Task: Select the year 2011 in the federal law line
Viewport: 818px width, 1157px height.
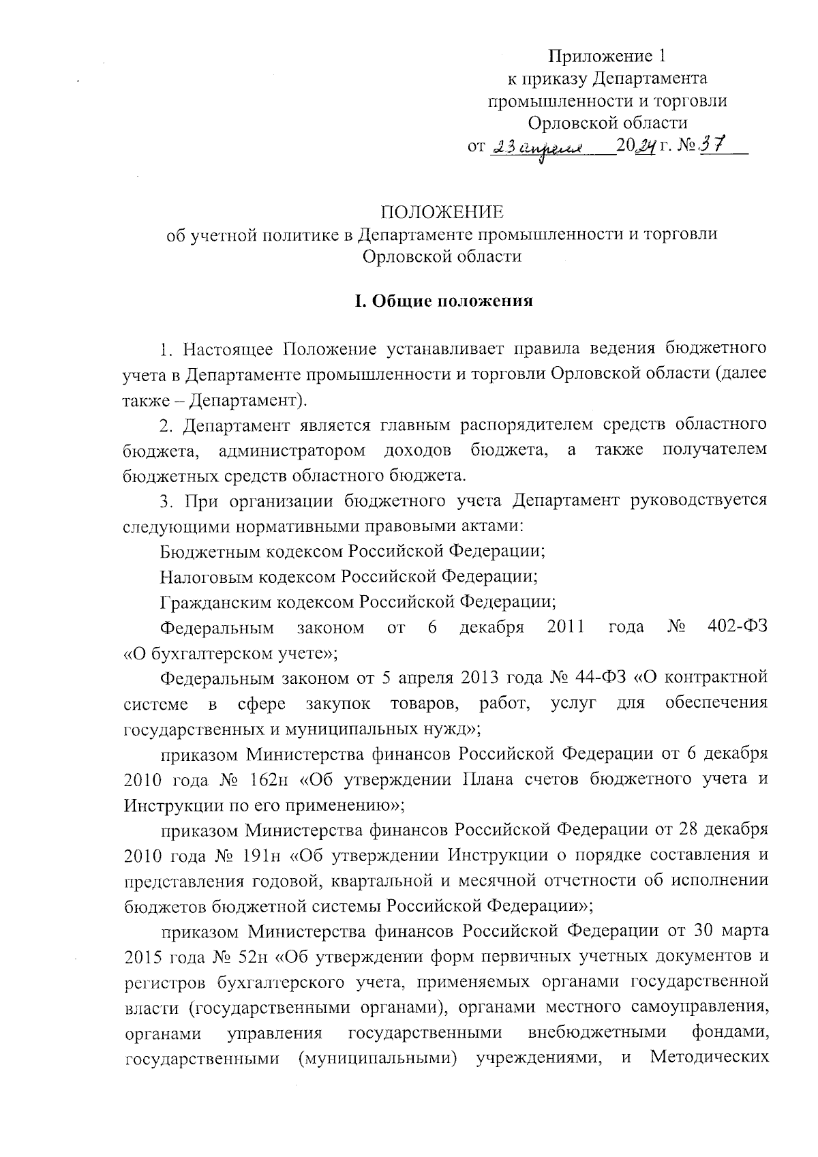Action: click(x=566, y=627)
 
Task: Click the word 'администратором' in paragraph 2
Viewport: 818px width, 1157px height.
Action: click(x=292, y=450)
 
